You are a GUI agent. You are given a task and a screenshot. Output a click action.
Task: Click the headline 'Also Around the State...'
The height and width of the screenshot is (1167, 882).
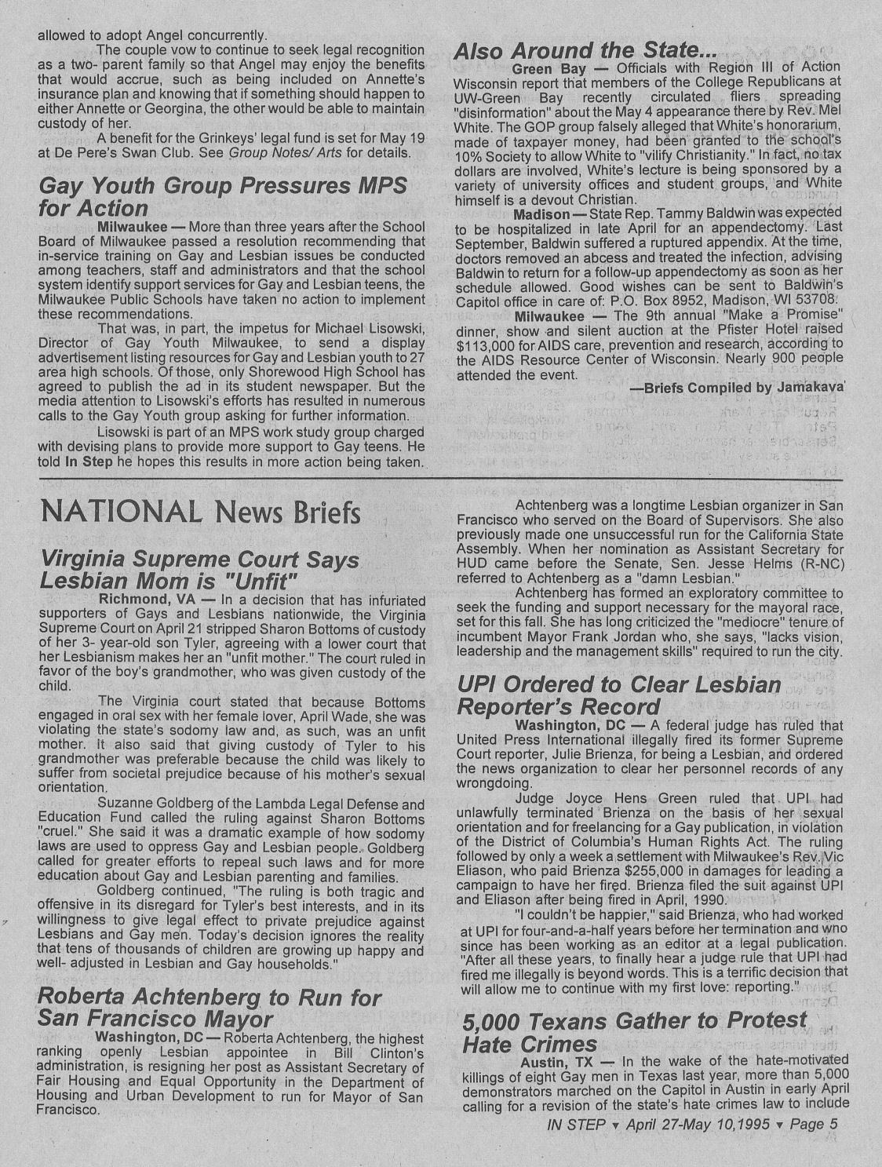[x=585, y=51]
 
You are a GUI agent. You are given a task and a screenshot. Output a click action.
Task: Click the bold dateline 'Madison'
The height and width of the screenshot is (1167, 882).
[x=541, y=214]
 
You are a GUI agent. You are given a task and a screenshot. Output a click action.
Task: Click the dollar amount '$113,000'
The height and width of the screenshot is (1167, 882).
[x=483, y=345]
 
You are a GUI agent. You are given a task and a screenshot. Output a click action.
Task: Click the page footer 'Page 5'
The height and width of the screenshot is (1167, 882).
[x=813, y=1124]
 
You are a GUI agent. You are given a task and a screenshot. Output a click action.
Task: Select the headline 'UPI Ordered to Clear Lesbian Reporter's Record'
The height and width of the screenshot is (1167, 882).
[x=619, y=695]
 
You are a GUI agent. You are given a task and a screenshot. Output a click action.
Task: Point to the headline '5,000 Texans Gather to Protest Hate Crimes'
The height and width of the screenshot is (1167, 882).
[x=634, y=1032]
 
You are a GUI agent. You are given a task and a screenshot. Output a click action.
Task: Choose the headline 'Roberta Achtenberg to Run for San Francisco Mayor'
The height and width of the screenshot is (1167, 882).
[x=209, y=1008]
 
